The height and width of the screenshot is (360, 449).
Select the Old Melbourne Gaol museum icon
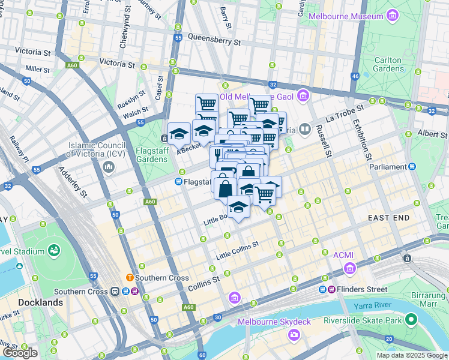303,96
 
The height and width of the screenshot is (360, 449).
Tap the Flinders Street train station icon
323,289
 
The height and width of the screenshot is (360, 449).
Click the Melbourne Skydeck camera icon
294,334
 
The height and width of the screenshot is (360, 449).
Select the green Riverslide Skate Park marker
411,320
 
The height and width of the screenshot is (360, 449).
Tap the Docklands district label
41,302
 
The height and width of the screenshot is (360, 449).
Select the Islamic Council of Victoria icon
109,166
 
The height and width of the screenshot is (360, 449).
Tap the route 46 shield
355,76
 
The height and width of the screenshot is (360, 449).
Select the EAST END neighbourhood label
393,217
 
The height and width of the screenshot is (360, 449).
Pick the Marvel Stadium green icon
54,249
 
